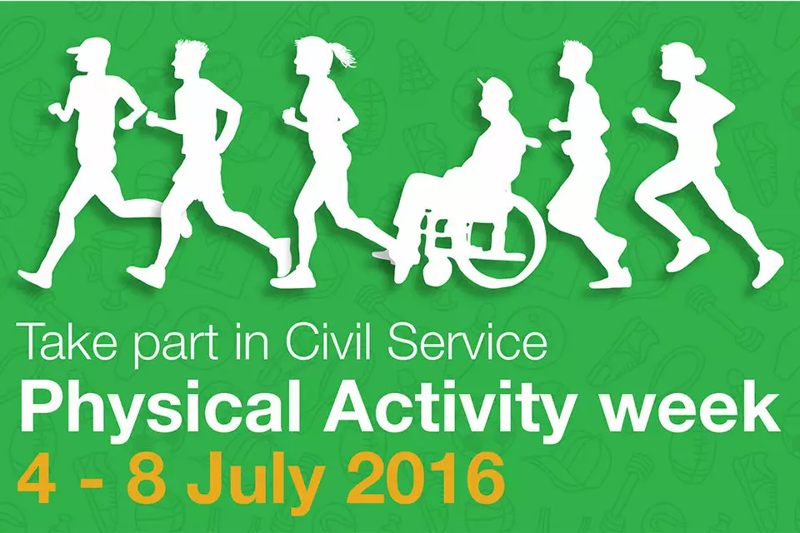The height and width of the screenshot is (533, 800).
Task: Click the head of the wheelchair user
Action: click(495, 94)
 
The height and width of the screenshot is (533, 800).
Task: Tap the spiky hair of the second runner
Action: click(192, 49)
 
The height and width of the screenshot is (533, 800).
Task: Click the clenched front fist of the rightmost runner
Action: click(639, 114)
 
